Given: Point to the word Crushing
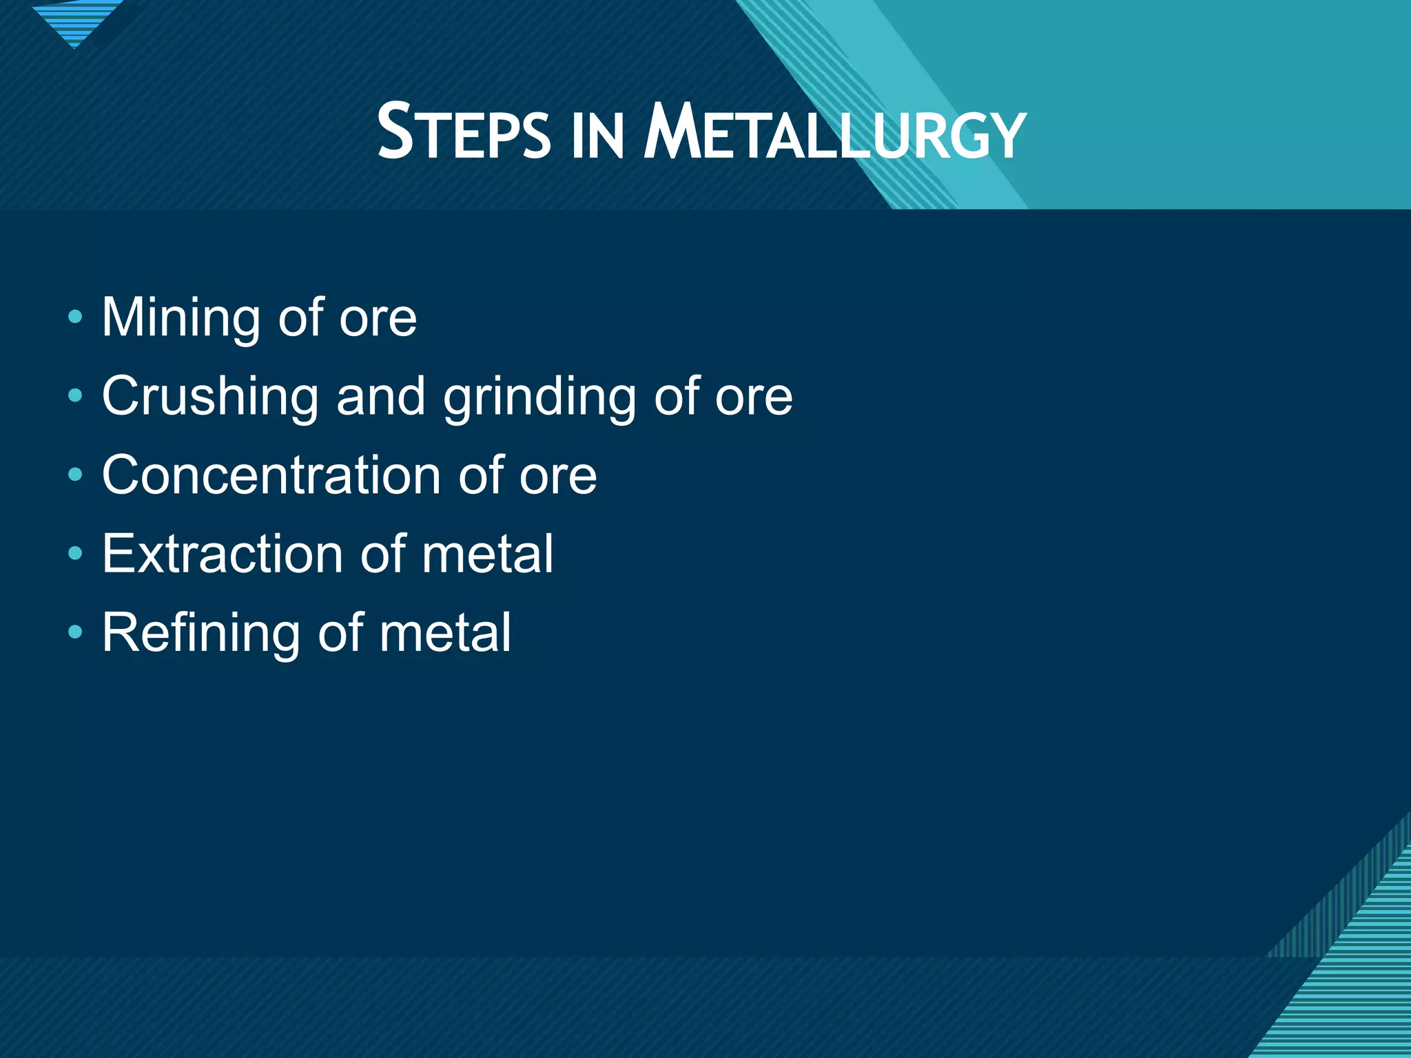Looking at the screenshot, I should click(x=210, y=397).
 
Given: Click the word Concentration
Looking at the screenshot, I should click(x=271, y=475).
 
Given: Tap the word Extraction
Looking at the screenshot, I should click(x=222, y=554).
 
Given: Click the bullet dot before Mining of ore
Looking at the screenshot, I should click(x=75, y=318).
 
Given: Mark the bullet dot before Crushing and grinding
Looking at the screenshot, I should click(x=75, y=396).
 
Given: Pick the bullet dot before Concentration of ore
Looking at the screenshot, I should click(x=75, y=475).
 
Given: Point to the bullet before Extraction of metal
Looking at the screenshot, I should click(x=75, y=553).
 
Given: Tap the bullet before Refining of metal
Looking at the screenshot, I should click(x=75, y=632).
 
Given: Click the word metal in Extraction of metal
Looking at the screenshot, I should click(x=487, y=554).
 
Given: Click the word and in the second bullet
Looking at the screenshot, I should click(x=380, y=397).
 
